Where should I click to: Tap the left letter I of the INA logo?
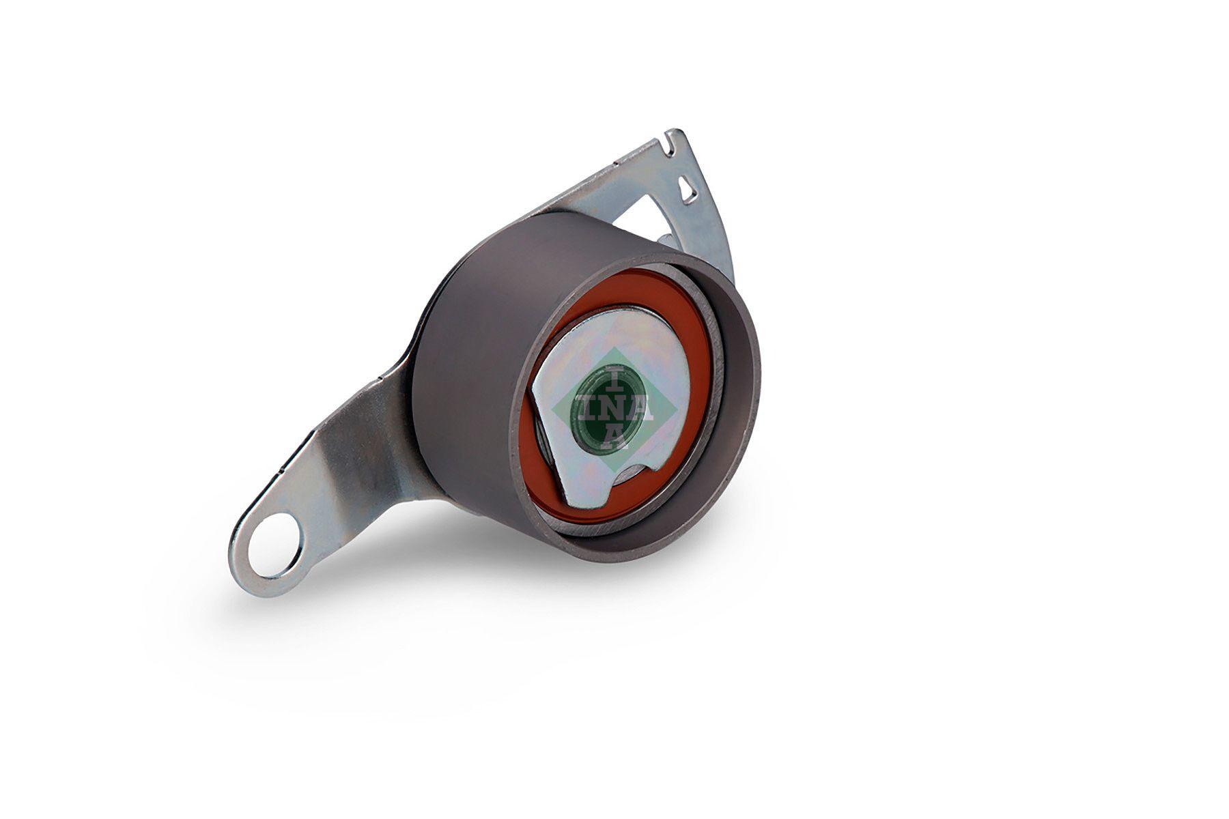(x=586, y=408)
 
